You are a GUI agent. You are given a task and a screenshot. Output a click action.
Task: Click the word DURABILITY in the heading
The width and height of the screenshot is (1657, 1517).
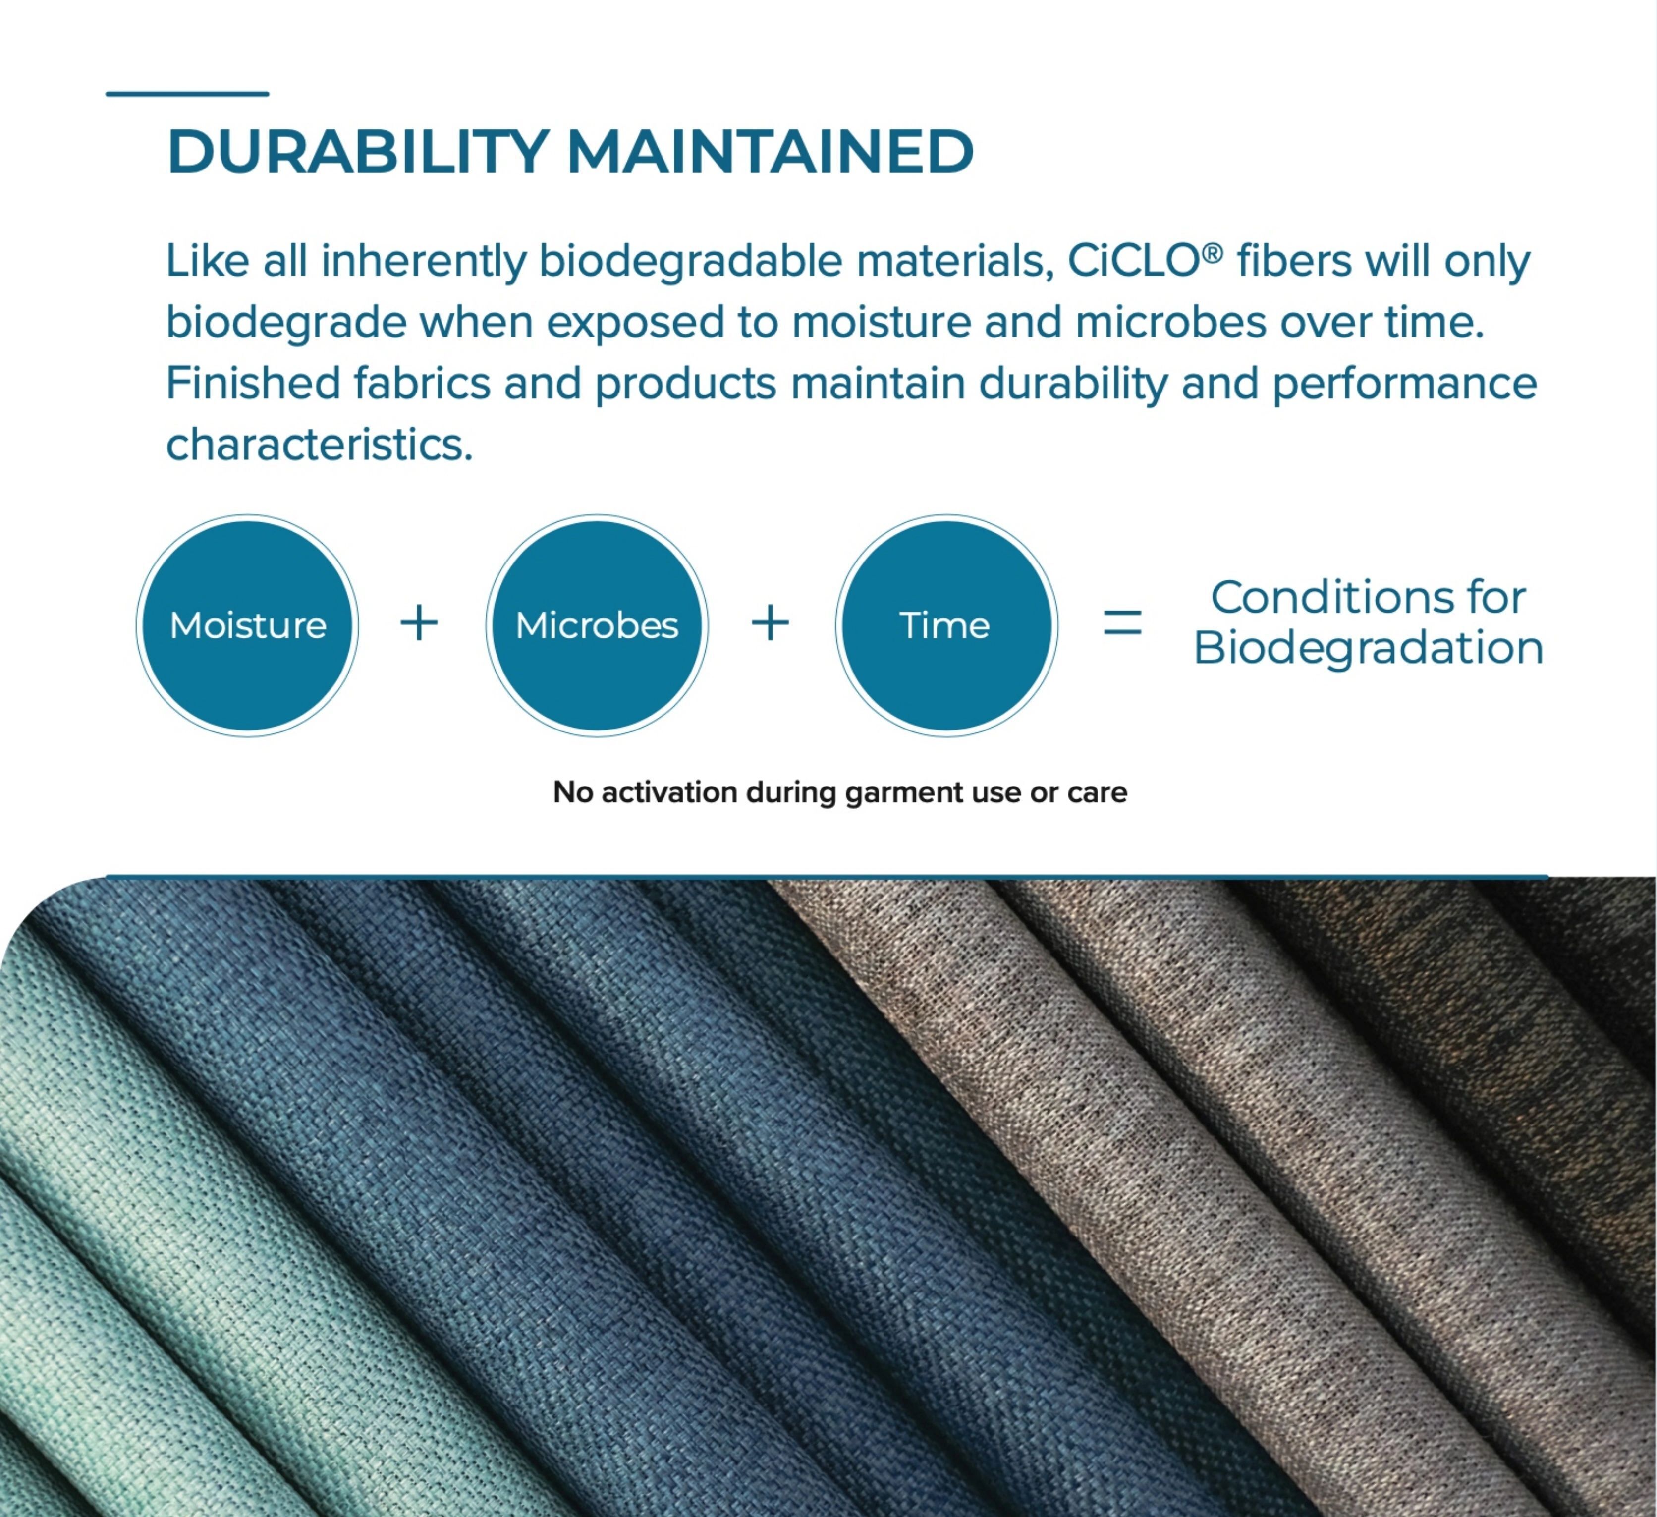point(358,152)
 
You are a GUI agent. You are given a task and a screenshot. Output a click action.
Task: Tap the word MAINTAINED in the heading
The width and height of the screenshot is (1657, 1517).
point(770,152)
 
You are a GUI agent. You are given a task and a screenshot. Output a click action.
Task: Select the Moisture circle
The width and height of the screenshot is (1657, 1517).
point(247,626)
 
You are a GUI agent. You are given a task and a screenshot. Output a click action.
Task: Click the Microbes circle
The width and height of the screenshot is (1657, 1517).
point(597,626)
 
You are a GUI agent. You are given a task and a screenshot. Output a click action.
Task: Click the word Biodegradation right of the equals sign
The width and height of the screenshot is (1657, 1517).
point(1369,648)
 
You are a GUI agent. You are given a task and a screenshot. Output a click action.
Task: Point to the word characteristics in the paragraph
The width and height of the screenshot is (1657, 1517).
point(320,445)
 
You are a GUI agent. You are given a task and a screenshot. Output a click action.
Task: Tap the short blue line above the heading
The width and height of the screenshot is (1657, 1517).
point(187,94)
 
